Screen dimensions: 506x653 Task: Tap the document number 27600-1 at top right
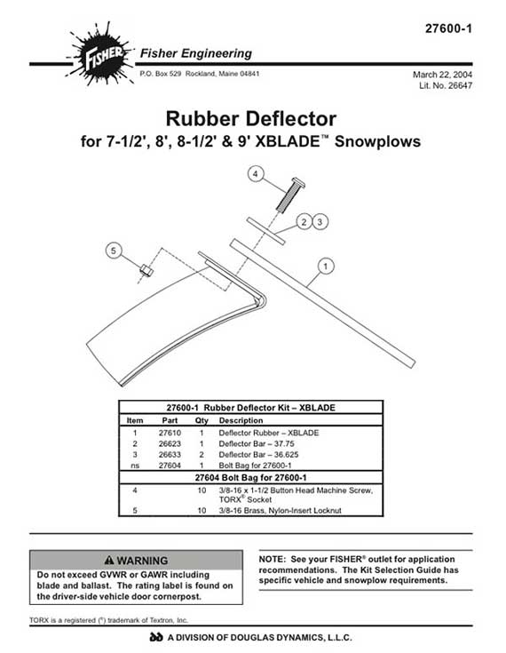click(x=448, y=28)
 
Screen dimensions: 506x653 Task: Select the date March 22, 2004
click(x=442, y=75)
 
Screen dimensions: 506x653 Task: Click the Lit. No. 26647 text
click(x=446, y=85)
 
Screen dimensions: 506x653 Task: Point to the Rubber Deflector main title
click(x=251, y=119)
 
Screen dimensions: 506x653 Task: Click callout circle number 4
click(x=256, y=173)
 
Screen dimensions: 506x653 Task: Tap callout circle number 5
click(x=114, y=251)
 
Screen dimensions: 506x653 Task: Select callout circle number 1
click(x=326, y=267)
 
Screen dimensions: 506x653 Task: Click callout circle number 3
click(x=320, y=221)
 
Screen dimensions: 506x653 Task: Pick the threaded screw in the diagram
click(x=290, y=195)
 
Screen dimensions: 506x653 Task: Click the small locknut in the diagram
click(x=146, y=270)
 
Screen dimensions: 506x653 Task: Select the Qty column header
click(x=202, y=420)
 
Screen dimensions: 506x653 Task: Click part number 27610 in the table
click(x=170, y=433)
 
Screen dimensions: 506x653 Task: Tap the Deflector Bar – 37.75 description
click(x=257, y=443)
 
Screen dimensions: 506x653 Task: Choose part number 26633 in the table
click(x=170, y=454)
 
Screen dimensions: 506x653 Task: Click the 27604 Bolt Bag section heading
click(x=250, y=478)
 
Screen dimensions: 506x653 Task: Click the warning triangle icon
click(x=109, y=560)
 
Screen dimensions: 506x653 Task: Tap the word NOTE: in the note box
click(x=273, y=560)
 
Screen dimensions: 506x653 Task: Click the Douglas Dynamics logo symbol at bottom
click(x=156, y=637)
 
